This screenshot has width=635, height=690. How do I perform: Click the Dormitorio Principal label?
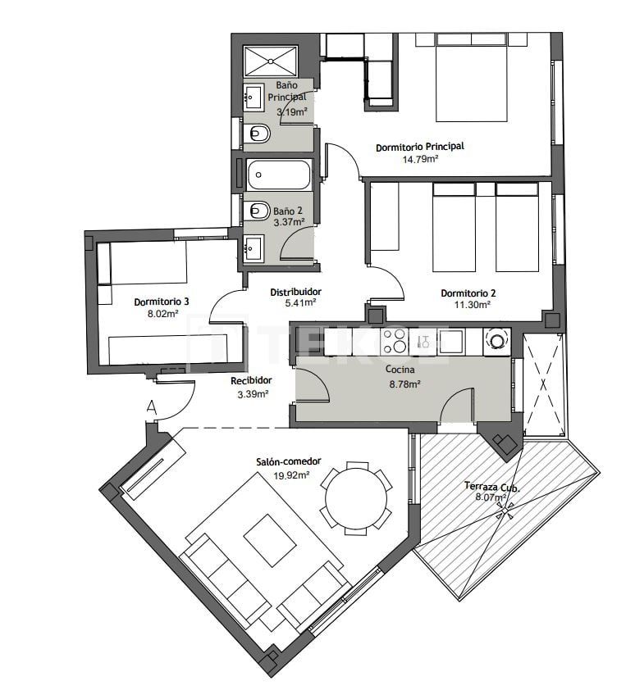click(419, 147)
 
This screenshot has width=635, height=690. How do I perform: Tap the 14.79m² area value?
click(419, 159)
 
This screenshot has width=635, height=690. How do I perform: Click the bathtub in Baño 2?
click(279, 174)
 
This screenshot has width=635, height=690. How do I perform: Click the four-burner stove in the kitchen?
click(395, 340)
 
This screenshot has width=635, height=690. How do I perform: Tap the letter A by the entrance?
click(150, 406)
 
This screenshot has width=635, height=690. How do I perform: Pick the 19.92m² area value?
click(291, 474)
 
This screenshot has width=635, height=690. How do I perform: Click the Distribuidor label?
click(295, 292)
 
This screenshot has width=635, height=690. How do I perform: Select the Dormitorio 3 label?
click(162, 302)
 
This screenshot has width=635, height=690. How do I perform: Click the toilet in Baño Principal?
click(258, 132)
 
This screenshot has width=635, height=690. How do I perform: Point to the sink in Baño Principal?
click(253, 98)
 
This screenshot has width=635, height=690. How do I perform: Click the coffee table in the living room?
click(269, 540)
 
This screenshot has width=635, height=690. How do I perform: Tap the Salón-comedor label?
click(291, 463)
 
